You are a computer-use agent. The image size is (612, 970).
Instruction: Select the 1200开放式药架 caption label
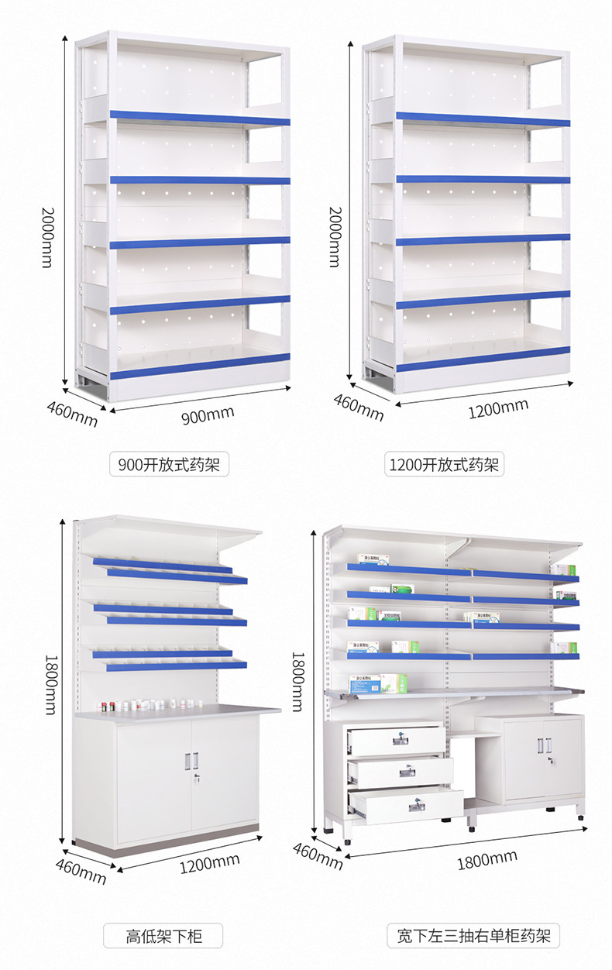(x=445, y=465)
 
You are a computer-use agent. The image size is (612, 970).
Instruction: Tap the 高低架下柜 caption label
(x=163, y=936)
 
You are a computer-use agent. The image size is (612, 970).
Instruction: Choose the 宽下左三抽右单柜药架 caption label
(x=473, y=936)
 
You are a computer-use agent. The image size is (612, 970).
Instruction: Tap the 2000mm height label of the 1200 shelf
(x=335, y=237)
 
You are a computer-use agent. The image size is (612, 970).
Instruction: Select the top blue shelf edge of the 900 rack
(x=199, y=118)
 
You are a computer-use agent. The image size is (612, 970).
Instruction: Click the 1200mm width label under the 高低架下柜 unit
(x=209, y=862)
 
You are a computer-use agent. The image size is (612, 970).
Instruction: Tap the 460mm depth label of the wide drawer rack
(x=318, y=852)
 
